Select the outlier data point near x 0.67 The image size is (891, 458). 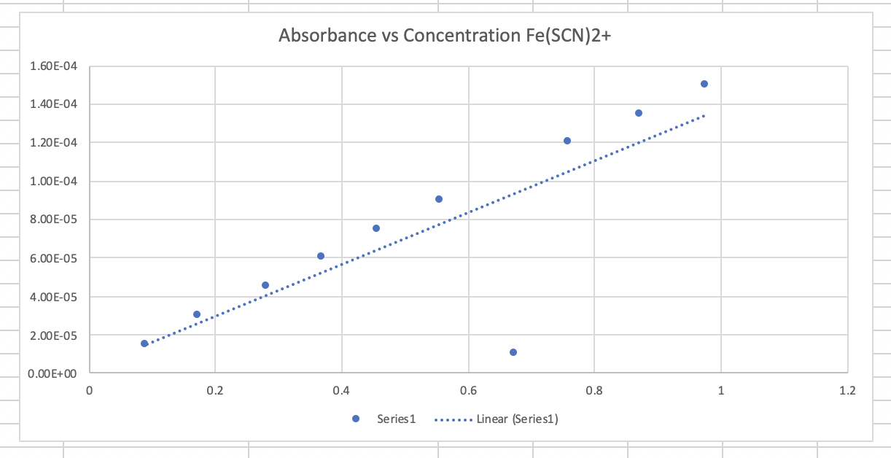(513, 352)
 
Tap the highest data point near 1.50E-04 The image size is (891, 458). (704, 84)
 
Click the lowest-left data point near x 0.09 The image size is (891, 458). (144, 343)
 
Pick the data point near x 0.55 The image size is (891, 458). (439, 199)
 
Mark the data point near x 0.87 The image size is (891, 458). (639, 113)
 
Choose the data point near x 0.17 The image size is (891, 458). (197, 314)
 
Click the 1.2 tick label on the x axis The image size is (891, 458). (847, 391)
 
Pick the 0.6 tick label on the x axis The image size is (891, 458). (468, 391)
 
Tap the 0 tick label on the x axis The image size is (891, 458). (89, 391)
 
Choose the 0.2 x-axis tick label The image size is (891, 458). (215, 391)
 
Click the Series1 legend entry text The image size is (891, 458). (396, 419)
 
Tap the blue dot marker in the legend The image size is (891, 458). (356, 419)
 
